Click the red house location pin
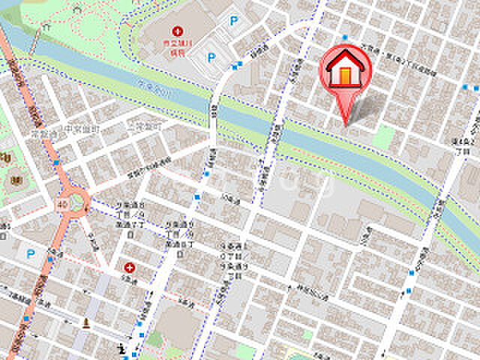tap(346, 71)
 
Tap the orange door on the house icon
tap(345, 75)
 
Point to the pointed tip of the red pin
tap(346, 124)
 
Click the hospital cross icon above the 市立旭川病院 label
tap(178, 31)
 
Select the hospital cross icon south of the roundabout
tap(130, 267)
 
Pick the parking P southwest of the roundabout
tap(31, 254)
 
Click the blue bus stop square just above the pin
tap(345, 37)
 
